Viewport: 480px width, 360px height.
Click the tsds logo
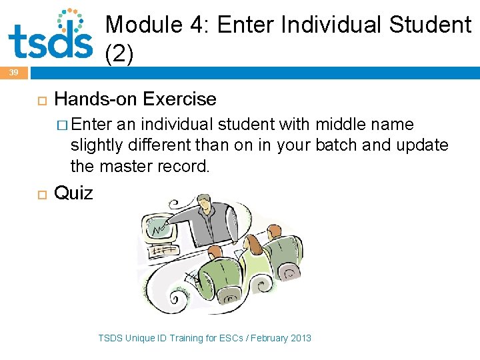click(51, 37)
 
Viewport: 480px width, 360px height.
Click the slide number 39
click(13, 73)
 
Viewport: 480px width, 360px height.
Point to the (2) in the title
click(120, 55)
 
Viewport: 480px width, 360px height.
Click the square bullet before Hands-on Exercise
click(41, 100)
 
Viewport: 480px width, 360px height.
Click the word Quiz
click(73, 193)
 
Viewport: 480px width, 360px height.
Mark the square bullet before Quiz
click(41, 194)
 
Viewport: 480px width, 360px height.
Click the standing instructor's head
click(204, 201)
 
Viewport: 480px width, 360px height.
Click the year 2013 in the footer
click(299, 338)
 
